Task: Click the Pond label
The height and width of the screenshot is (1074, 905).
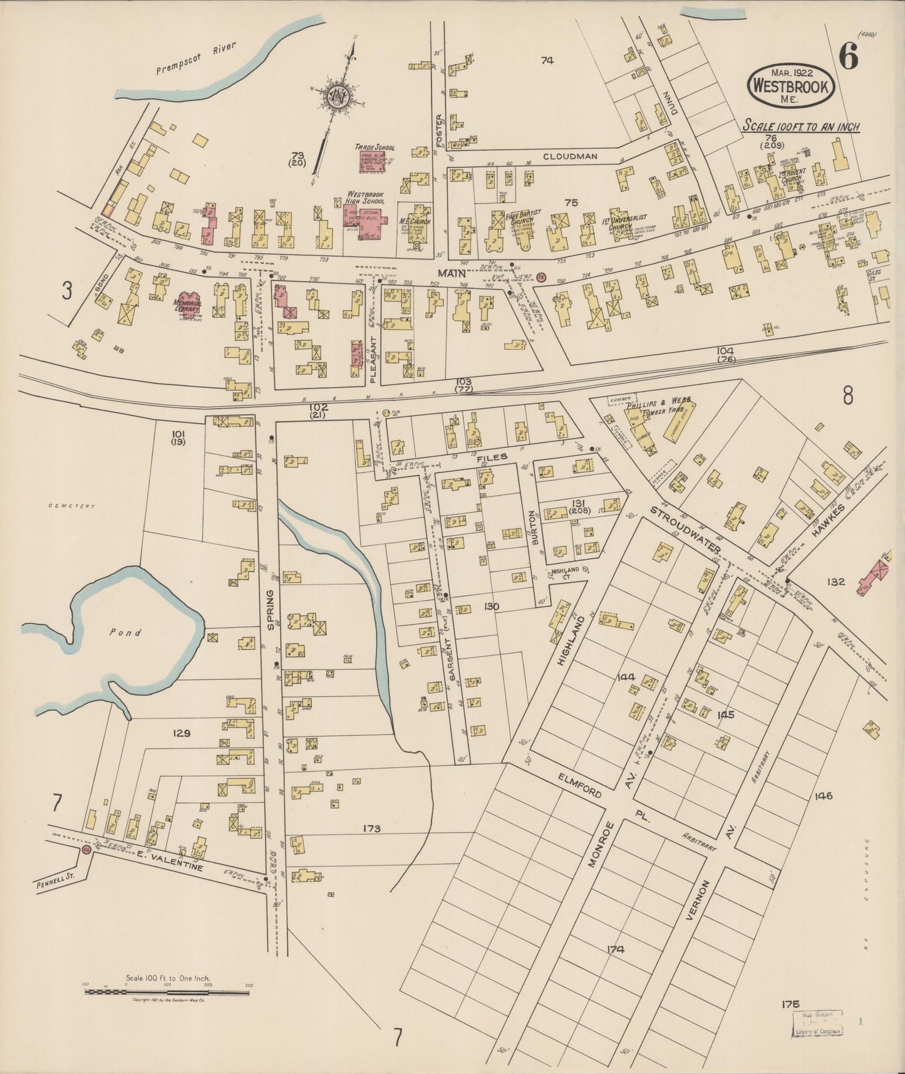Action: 125,632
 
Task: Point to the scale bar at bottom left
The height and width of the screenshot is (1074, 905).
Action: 167,991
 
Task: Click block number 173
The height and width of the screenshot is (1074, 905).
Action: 371,828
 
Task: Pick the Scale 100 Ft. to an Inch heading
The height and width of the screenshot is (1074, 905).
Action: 801,127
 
